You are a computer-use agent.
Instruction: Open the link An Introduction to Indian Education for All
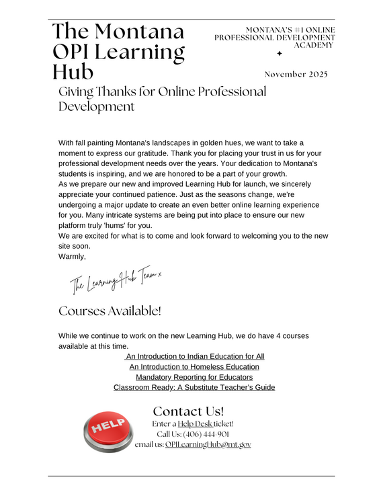[195, 356]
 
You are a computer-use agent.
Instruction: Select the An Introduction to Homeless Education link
[194, 367]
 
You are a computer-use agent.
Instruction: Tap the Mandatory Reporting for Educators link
[194, 377]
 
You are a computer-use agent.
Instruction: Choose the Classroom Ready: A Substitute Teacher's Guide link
[194, 388]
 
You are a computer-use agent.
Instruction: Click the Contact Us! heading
[188, 411]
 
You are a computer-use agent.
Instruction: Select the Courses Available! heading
[110, 311]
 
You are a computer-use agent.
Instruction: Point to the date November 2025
[296, 74]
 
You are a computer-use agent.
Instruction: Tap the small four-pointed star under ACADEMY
[280, 53]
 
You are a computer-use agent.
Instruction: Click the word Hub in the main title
[74, 71]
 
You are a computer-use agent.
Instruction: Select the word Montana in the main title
[140, 31]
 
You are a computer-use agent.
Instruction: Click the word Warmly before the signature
[73, 256]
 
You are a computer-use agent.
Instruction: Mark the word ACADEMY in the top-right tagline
[314, 45]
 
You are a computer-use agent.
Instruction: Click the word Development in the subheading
[97, 107]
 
